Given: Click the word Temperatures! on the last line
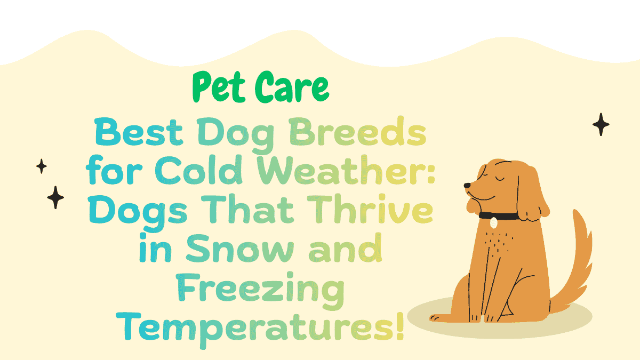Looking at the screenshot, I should click(261, 326).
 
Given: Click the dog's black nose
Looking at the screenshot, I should click(467, 186).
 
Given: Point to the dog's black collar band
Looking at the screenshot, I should click(507, 216).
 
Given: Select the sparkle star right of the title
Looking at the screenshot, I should click(601, 125).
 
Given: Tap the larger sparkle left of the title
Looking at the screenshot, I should click(55, 197).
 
